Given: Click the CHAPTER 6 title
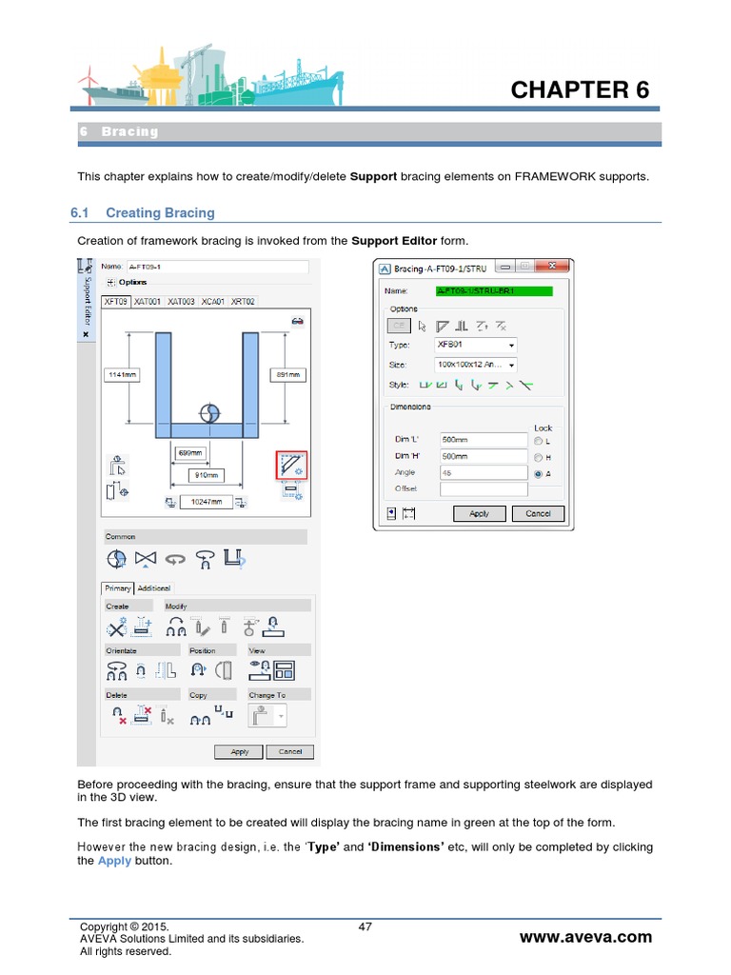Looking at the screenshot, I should point(580,90).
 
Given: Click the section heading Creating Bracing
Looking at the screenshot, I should point(160,212).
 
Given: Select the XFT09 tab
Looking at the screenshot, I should point(115,301).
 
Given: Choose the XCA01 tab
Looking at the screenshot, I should point(212,301).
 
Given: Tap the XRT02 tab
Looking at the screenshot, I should point(243,301).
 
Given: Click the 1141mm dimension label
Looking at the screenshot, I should point(122,375).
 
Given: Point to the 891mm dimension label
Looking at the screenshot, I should point(287,375).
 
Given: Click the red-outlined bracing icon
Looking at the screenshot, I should point(289,466).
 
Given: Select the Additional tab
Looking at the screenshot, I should point(154,588).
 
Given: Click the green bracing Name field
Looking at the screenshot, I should point(482,291).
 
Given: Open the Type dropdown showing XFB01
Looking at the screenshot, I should point(477,345).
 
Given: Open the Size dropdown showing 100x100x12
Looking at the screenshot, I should point(477,365).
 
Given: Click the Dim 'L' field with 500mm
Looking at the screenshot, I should point(483,440).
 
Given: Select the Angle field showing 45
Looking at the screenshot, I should point(483,472).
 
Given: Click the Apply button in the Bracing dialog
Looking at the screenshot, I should point(479,513).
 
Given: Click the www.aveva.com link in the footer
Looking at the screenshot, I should point(585,937).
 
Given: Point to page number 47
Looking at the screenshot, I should point(365,926).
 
